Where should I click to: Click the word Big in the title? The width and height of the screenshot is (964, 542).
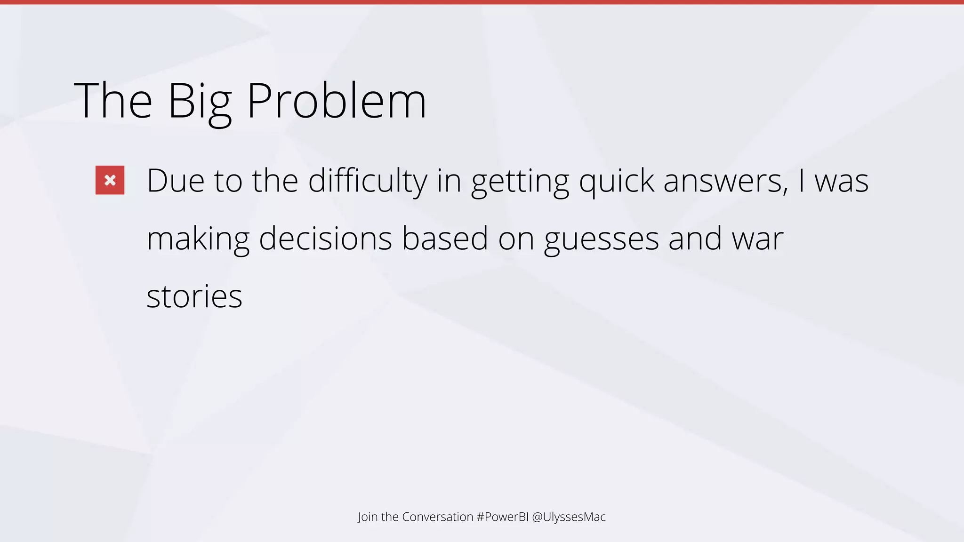[199, 101]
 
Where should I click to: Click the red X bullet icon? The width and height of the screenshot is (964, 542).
[110, 180]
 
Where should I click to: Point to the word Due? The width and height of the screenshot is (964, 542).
[176, 181]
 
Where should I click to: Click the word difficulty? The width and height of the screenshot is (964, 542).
[367, 181]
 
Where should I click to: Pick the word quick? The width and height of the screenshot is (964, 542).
[616, 182]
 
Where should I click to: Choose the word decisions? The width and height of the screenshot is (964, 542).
[325, 239]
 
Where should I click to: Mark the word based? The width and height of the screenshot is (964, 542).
[445, 239]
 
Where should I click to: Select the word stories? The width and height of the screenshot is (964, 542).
[194, 297]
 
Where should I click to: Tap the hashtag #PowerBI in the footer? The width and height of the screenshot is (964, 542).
[502, 517]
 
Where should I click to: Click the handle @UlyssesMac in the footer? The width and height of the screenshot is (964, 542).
[569, 517]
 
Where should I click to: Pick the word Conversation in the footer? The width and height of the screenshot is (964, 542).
[437, 517]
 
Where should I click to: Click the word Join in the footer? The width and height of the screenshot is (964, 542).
[367, 517]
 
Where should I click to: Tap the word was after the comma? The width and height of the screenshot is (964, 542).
[841, 182]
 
